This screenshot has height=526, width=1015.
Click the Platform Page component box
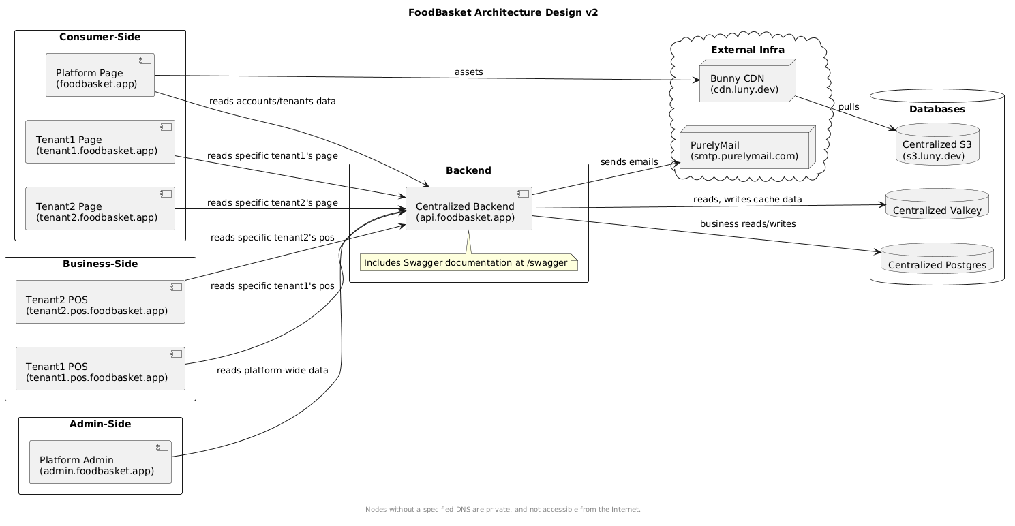tap(100, 75)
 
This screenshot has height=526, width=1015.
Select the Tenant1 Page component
tap(100, 142)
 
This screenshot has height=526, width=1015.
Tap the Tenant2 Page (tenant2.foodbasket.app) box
tap(100, 208)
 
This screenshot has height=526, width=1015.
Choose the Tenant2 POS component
tap(100, 301)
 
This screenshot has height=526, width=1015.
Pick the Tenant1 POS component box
tap(100, 369)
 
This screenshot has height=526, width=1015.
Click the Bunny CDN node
tap(746, 81)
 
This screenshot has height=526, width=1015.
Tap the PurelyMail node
tap(746, 148)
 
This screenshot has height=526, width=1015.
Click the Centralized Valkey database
tap(936, 204)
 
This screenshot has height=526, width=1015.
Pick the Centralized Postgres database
tap(936, 258)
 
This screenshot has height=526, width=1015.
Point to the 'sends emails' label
tap(628, 162)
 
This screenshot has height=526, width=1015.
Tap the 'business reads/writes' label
tap(748, 224)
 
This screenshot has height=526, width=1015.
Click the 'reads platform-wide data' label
tap(272, 371)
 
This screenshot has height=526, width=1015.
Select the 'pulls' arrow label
tap(849, 107)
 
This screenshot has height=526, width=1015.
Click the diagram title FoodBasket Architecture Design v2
tap(502, 12)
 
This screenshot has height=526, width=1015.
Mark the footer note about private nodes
tap(502, 510)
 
